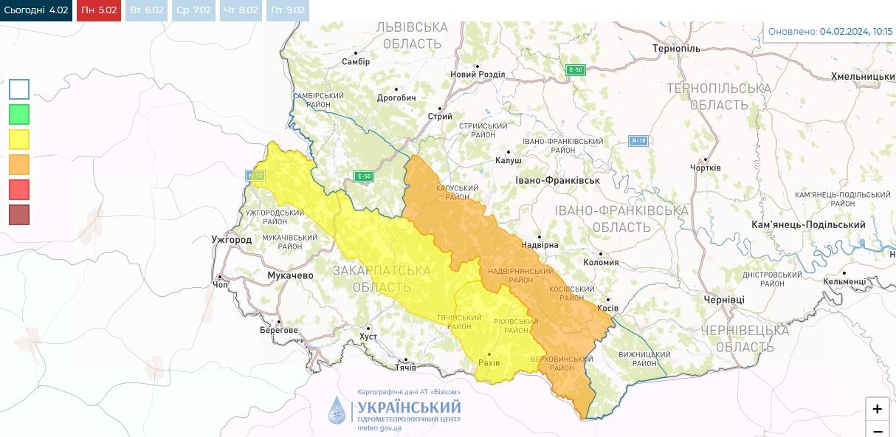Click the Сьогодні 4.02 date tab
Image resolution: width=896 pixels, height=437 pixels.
[36, 10]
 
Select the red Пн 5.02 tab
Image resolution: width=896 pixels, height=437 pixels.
[98, 10]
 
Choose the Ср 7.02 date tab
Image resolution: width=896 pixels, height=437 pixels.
[193, 10]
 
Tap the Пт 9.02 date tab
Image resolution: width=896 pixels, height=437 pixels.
[288, 10]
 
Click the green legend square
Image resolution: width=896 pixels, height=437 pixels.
[19, 114]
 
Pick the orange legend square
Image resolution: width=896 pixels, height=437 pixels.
[19, 164]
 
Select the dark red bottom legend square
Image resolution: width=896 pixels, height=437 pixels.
[19, 214]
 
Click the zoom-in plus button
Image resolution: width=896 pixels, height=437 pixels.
[877, 409]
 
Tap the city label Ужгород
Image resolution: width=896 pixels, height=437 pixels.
[231, 240]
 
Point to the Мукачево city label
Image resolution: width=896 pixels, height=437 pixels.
[289, 275]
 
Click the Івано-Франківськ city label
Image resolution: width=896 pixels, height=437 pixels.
[557, 180]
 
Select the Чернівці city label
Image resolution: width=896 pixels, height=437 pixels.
[724, 300]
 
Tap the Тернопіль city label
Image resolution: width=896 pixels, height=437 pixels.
[676, 49]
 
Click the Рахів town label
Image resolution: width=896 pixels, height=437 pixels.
[489, 362]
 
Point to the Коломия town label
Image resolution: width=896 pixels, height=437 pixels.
[600, 262]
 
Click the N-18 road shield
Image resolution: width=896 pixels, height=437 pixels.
[638, 141]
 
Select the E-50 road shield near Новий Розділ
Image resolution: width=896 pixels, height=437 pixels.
[575, 70]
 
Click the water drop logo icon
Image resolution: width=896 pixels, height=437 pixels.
[337, 410]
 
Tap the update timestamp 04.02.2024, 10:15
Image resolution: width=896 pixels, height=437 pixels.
[855, 32]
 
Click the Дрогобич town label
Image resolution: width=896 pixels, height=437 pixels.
[396, 97]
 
